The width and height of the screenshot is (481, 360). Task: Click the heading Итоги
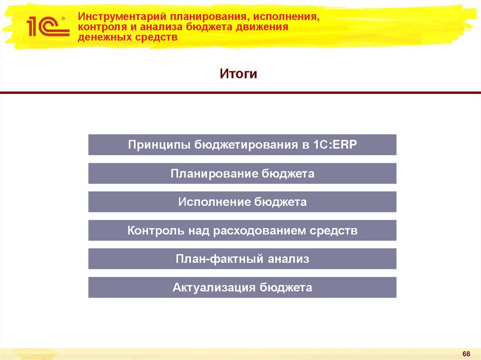click(x=239, y=74)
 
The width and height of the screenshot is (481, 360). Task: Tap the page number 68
click(x=466, y=353)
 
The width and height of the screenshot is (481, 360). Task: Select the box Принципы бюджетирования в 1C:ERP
click(x=242, y=145)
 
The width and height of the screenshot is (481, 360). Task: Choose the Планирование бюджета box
click(x=242, y=174)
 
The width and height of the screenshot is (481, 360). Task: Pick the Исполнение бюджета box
click(x=242, y=202)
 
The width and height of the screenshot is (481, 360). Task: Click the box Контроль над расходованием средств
click(x=242, y=230)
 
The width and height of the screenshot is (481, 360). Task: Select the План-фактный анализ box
click(x=242, y=259)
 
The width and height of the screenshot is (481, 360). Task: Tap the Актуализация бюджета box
click(x=242, y=287)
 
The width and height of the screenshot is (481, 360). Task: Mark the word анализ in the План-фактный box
click(x=288, y=259)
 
